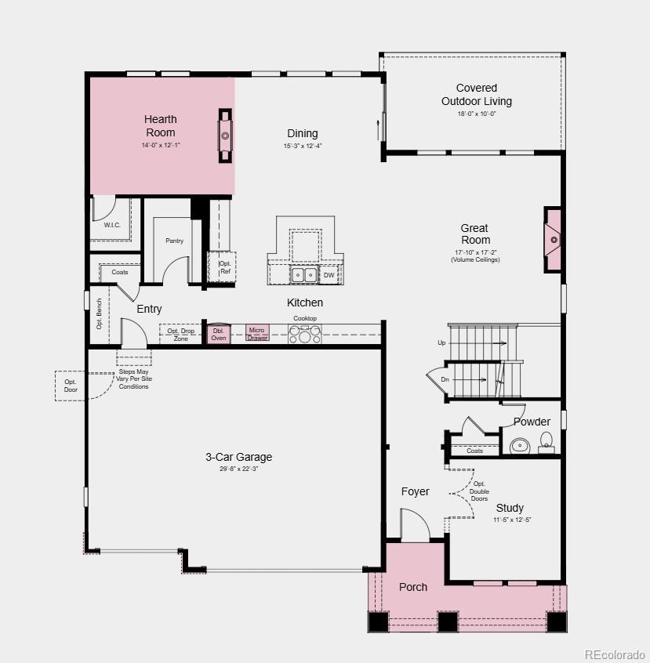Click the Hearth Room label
click(x=161, y=126)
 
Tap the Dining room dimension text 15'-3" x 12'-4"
click(x=303, y=146)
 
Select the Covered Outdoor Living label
click(x=477, y=94)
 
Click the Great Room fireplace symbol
click(x=553, y=240)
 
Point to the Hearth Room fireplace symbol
click(x=225, y=136)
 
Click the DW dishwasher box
click(x=329, y=275)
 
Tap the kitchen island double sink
click(x=304, y=275)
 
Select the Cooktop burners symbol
click(x=305, y=334)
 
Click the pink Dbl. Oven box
click(x=218, y=334)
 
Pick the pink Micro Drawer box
click(x=257, y=333)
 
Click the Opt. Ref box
click(x=222, y=267)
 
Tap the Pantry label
click(x=174, y=241)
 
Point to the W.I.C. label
click(x=112, y=225)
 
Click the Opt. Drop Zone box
click(x=180, y=335)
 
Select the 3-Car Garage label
click(x=238, y=457)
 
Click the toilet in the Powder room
click(x=547, y=442)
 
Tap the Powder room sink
click(x=520, y=446)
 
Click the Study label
click(x=510, y=508)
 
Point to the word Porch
click(x=413, y=587)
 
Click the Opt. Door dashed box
click(x=70, y=386)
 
